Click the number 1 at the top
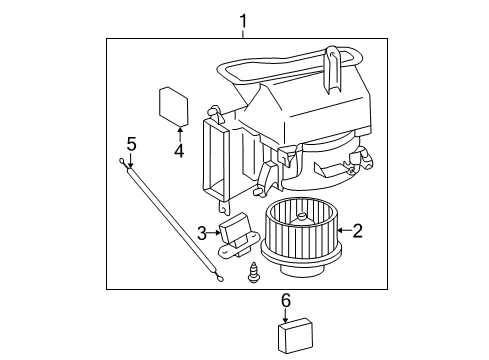tap(241, 19)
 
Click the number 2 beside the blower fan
tap(357, 231)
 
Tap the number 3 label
tap(202, 233)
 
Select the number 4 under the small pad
tap(178, 152)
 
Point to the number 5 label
tap(131, 144)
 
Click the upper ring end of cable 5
tap(122, 163)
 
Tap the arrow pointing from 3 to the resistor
tap(215, 233)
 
